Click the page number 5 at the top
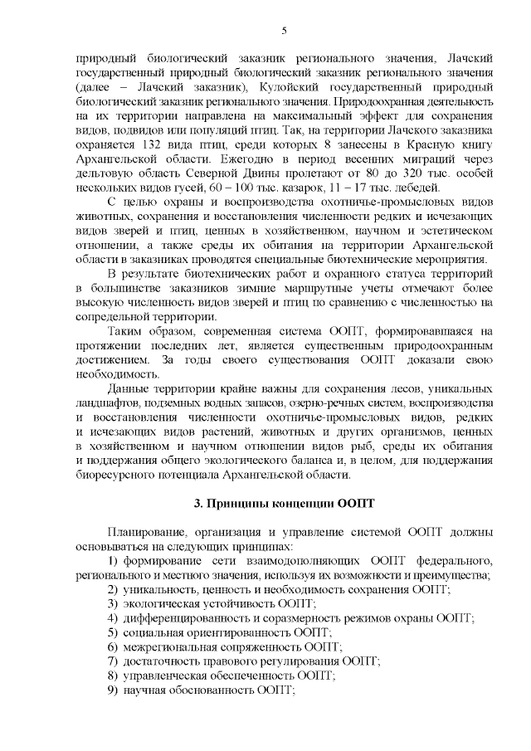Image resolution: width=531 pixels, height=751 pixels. click(x=284, y=32)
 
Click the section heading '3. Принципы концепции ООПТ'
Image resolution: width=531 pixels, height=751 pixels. click(x=284, y=503)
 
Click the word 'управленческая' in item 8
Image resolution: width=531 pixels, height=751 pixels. click(x=163, y=675)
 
